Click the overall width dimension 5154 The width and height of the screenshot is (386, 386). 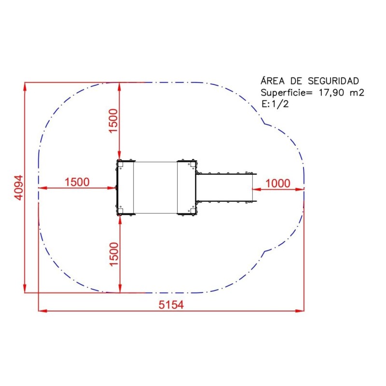pyautogui.click(x=171, y=305)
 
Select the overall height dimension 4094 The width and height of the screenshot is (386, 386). pyautogui.click(x=18, y=188)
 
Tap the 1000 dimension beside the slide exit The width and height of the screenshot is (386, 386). pyautogui.click(x=278, y=183)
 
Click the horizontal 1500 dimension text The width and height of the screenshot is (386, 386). pyautogui.click(x=77, y=182)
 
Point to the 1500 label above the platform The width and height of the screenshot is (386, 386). pyautogui.click(x=113, y=121)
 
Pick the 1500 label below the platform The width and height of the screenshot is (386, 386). pyautogui.click(x=114, y=254)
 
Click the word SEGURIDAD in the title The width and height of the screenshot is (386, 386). pyautogui.click(x=333, y=81)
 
